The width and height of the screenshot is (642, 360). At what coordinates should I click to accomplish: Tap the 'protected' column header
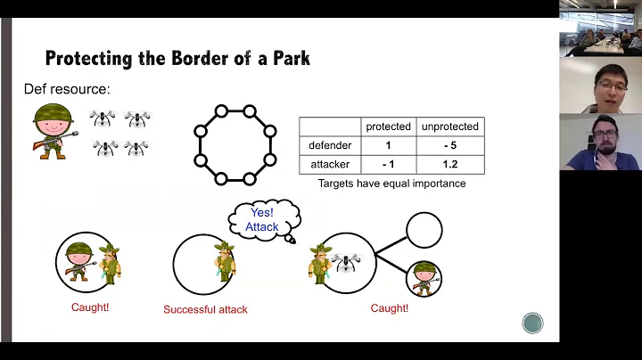387,127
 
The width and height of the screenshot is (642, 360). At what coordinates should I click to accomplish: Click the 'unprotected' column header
449,127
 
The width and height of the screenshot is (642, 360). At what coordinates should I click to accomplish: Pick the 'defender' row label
329,145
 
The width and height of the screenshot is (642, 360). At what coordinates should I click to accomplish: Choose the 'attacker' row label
329,164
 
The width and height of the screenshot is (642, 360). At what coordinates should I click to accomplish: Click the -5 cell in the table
449,145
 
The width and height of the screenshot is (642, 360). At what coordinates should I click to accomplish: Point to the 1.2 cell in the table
449,164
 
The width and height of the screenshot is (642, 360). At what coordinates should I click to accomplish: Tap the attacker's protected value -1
387,164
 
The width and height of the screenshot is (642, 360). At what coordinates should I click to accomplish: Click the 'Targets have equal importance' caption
391,184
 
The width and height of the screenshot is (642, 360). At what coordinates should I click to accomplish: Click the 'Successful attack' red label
205,310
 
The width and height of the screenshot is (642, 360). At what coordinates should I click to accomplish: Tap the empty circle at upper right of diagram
424,229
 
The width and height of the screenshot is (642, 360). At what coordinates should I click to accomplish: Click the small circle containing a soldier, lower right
424,279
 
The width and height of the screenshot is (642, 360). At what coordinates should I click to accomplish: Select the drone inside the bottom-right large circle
345,261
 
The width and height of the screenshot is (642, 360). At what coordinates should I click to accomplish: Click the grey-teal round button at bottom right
532,323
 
